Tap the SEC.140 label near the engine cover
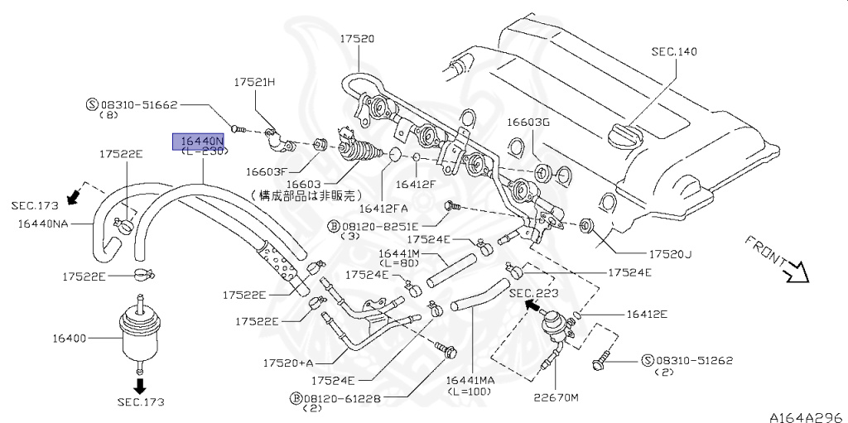pos(674,51)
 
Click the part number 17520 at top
pos(357,38)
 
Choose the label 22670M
pos(556,397)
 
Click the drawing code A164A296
pos(802,416)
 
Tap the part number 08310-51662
pos(139,105)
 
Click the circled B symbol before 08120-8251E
pos(333,224)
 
